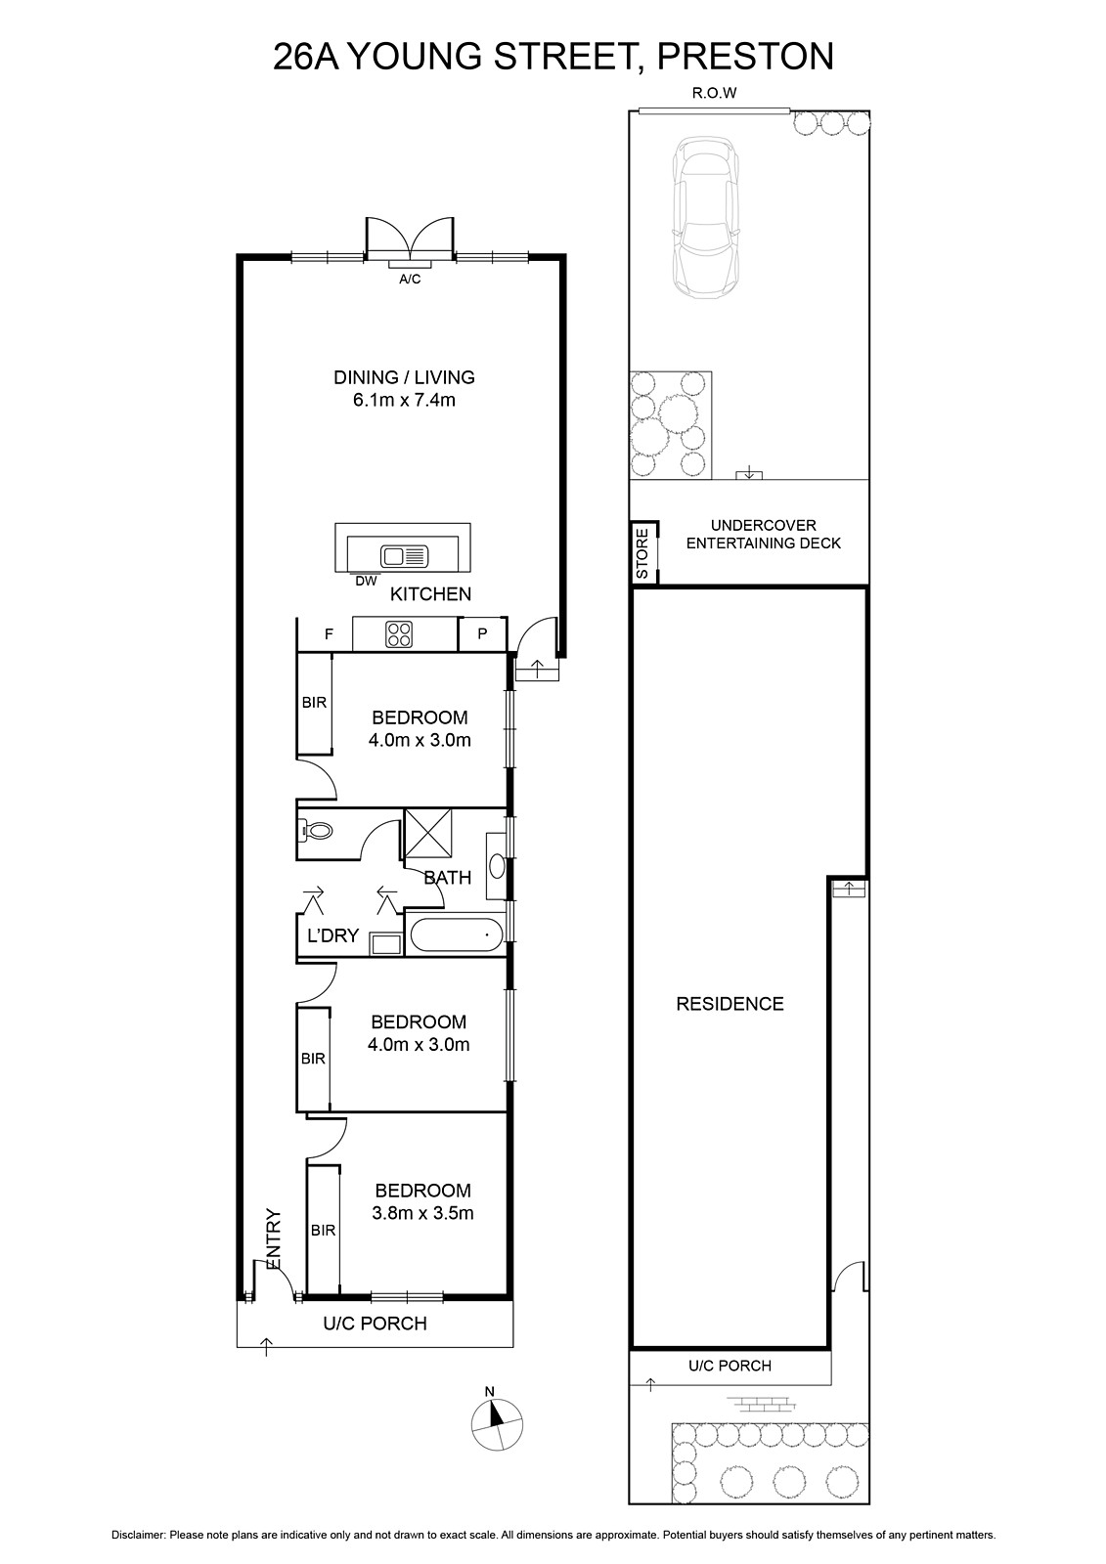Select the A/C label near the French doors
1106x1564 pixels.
(410, 280)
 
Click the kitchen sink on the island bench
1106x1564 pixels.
(404, 556)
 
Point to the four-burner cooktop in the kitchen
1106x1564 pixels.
(400, 634)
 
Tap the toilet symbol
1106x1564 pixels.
(315, 831)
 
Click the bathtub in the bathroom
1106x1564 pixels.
(456, 934)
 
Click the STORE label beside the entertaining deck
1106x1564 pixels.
(642, 553)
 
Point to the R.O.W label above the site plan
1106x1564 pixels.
(714, 93)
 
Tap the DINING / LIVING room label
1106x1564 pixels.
(404, 377)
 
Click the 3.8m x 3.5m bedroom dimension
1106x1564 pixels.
(422, 1213)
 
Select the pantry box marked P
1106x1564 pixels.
(482, 634)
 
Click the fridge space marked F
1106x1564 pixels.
(329, 634)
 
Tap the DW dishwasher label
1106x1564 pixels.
(366, 581)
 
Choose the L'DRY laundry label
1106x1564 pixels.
(332, 935)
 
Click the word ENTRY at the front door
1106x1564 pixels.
(273, 1239)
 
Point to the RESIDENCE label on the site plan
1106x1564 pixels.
(730, 1004)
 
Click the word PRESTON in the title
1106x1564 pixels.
(745, 57)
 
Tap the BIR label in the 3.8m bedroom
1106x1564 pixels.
(323, 1231)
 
